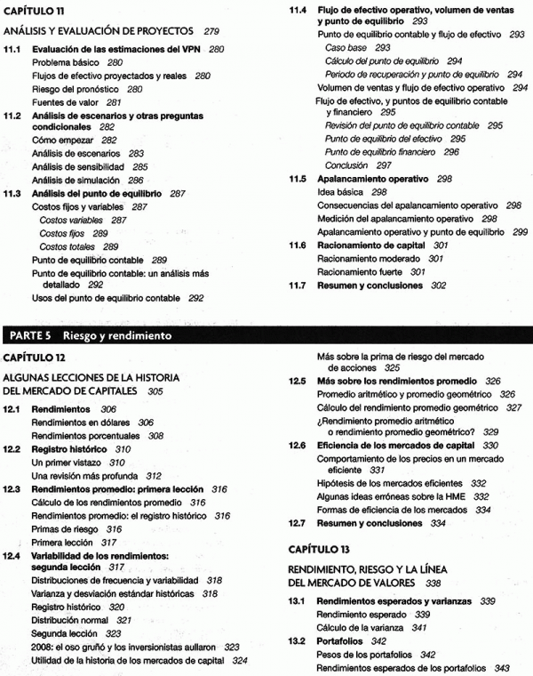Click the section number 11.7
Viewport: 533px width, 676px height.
pyautogui.click(x=298, y=286)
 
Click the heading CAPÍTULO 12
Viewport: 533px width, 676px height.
pyautogui.click(x=36, y=357)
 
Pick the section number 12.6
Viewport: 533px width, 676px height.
pyautogui.click(x=298, y=445)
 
